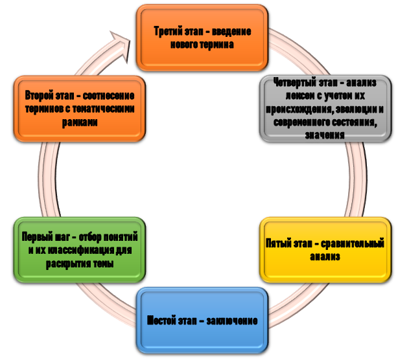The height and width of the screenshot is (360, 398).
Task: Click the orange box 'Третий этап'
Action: click(x=202, y=38)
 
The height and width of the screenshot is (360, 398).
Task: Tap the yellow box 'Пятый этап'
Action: click(x=325, y=250)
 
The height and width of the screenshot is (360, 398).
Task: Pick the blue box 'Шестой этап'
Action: click(x=202, y=320)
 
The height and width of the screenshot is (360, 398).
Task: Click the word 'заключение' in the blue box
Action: click(x=233, y=321)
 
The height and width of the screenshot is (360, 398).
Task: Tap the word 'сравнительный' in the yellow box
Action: click(x=353, y=244)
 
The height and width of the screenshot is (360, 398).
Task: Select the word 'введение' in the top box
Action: click(x=231, y=32)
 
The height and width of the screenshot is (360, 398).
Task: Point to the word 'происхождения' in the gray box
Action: click(x=301, y=109)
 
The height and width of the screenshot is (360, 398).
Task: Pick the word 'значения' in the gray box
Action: click(x=324, y=135)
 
